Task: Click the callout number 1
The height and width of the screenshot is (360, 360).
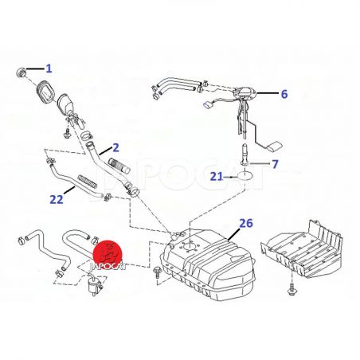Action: (x=49, y=68)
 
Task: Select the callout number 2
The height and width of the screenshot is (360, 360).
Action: (x=115, y=148)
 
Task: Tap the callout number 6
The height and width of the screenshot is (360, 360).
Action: (x=284, y=94)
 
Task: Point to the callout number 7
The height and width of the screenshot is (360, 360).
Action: (x=275, y=164)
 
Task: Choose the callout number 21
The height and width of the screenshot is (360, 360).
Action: (x=217, y=176)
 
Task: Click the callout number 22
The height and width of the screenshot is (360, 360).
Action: (x=57, y=200)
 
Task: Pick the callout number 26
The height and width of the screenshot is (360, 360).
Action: (x=246, y=223)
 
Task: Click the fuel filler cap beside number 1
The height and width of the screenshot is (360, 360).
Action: (x=22, y=72)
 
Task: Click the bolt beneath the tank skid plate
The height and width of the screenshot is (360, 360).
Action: (x=292, y=289)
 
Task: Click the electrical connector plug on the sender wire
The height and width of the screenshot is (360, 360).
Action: (x=208, y=105)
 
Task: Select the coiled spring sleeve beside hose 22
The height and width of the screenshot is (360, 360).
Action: (x=87, y=181)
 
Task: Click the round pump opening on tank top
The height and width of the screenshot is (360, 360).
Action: (x=190, y=245)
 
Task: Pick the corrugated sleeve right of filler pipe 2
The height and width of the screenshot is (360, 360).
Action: (x=119, y=165)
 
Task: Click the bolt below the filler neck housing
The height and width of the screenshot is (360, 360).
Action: (x=66, y=133)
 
